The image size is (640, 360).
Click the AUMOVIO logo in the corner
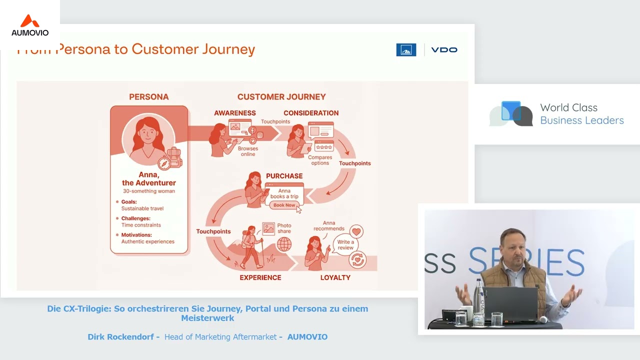pos(30,26)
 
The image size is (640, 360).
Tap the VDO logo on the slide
pos(444,50)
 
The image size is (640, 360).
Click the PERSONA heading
pos(149,97)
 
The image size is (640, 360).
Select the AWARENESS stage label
pos(235,113)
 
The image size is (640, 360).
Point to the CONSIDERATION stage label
pos(311,113)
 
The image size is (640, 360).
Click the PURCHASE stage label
pos(284,176)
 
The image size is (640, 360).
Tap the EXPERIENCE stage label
pos(260,277)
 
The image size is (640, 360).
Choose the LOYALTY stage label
pos(335,277)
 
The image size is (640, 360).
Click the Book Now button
pos(284,205)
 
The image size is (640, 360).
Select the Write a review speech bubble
pos(345,245)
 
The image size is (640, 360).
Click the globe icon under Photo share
pos(284,244)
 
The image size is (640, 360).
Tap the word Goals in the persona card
pos(129,202)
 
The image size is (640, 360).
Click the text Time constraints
pos(141,225)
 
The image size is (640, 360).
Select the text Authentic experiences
pos(148,241)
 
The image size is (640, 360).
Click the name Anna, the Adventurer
pos(149,179)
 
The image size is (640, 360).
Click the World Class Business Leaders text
pos(582,114)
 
